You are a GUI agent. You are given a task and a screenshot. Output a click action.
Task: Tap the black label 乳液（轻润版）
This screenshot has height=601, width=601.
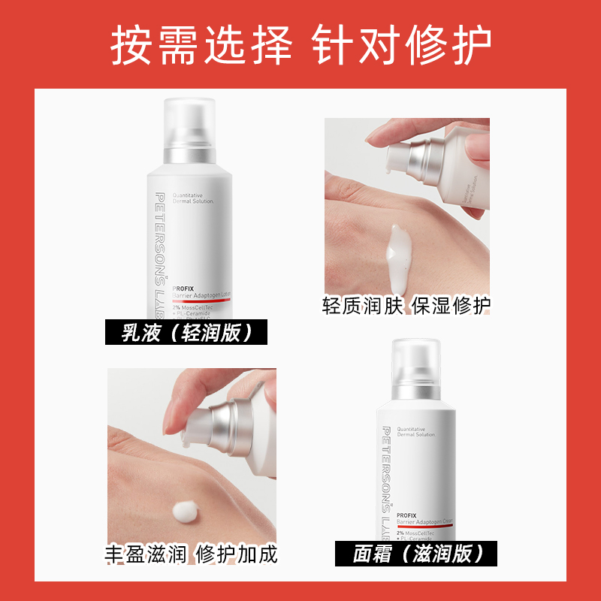(x=186, y=332)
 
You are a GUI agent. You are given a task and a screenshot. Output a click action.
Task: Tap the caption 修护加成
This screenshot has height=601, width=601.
(x=237, y=554)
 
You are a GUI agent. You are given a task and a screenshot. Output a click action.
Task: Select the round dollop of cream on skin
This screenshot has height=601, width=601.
(x=185, y=513)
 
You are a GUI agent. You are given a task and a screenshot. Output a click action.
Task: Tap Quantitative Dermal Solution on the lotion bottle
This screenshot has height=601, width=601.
(x=192, y=198)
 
